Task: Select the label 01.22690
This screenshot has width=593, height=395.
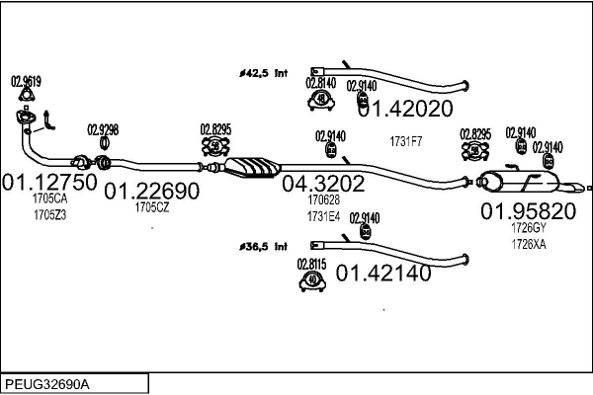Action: [152, 190]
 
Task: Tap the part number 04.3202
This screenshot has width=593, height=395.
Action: [323, 183]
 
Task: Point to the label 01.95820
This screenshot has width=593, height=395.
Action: [528, 210]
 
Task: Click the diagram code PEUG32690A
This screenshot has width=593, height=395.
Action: [47, 382]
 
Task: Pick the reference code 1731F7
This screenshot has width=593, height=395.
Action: [405, 142]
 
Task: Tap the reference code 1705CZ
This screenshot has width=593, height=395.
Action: [152, 206]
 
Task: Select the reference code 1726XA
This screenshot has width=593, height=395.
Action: [528, 243]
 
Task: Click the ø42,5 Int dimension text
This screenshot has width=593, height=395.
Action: [262, 71]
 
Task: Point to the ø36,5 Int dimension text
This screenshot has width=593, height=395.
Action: [262, 244]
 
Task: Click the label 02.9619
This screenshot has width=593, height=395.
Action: [26, 81]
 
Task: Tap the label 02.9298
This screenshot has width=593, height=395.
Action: [103, 129]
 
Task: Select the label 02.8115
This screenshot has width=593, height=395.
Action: [312, 264]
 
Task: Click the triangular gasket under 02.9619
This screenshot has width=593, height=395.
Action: [27, 101]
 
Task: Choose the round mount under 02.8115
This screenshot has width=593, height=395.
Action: [312, 282]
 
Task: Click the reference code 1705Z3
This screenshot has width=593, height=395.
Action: [49, 214]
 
